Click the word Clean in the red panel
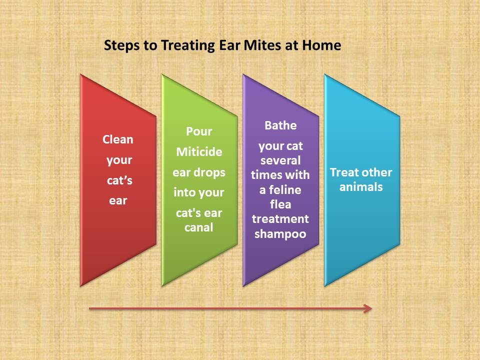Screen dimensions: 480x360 coord(118,139)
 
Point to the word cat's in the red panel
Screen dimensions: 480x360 coord(119,180)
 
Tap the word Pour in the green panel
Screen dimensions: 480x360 coord(199,131)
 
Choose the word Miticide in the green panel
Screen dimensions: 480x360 coord(199,151)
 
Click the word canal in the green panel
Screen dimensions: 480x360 coord(198,227)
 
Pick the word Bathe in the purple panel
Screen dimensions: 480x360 coord(280,125)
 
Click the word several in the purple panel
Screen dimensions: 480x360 coord(280,160)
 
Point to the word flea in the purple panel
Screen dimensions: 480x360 coord(280,204)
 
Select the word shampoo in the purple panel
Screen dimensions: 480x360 coord(280,234)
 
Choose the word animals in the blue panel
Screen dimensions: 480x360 coord(361,186)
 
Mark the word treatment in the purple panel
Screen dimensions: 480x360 coord(280,219)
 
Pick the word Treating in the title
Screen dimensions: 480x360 coord(187,45)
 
